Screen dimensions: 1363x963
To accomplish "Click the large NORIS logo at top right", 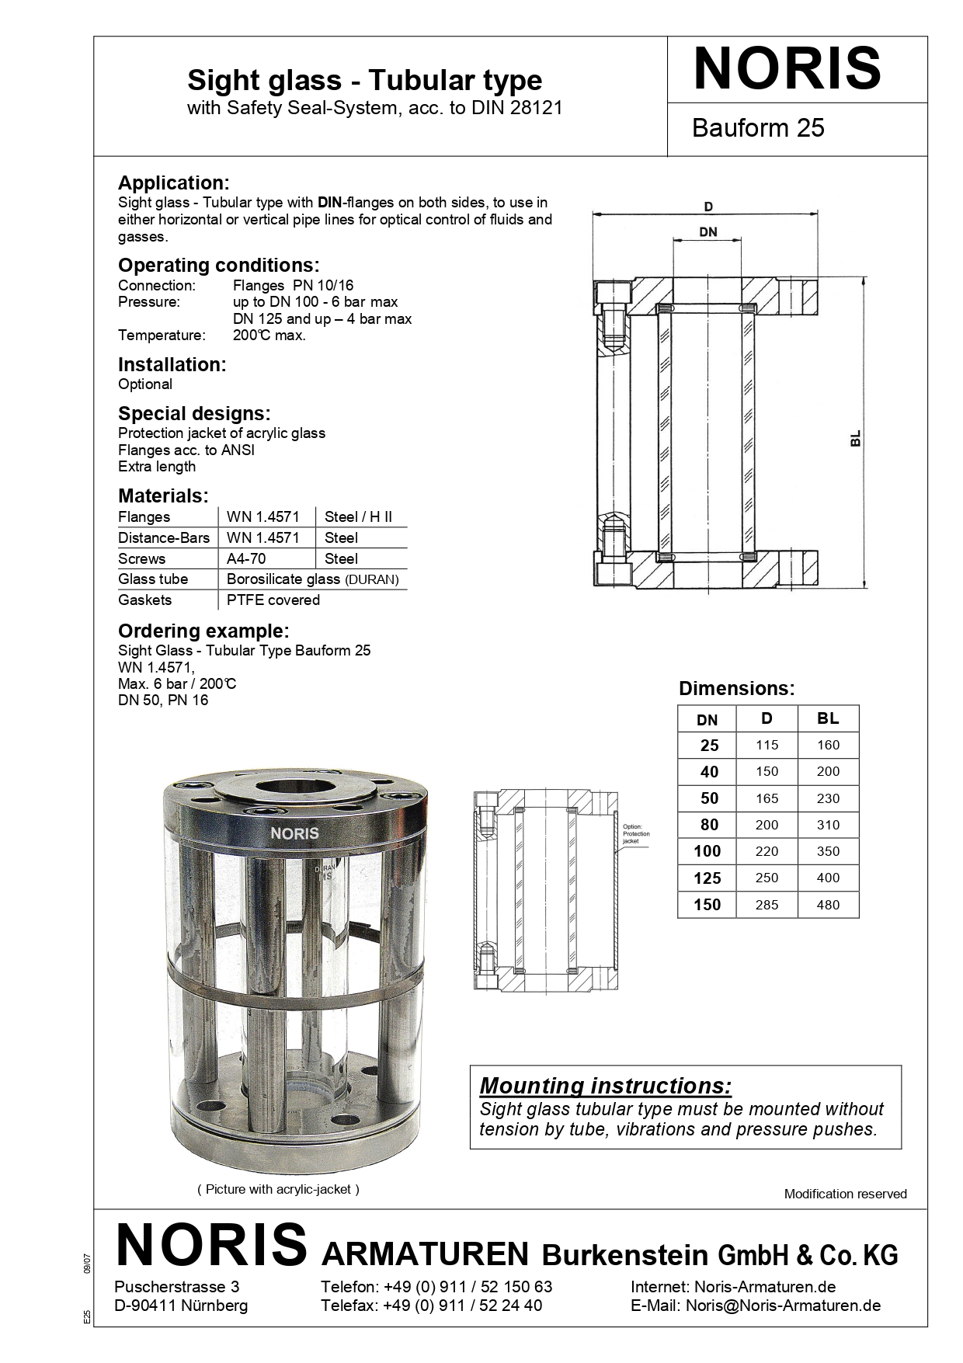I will click(787, 68).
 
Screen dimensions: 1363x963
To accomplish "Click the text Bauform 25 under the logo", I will click(757, 127).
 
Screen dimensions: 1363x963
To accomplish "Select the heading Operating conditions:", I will click(218, 265).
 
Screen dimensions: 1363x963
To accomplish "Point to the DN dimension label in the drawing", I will click(707, 231).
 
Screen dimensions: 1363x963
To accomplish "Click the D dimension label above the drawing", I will click(708, 206).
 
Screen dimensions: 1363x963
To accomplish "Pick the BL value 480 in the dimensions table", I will click(828, 904).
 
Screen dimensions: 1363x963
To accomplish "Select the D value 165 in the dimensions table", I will click(767, 798).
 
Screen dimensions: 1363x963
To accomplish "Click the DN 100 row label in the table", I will click(707, 851).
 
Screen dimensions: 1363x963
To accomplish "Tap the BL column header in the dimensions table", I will click(828, 718).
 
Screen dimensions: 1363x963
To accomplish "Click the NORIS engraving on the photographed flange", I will click(294, 833).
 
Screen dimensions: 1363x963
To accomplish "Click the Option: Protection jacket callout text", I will click(635, 833).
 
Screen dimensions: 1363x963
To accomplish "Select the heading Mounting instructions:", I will click(605, 1085).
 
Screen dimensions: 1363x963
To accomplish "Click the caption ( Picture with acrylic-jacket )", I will click(278, 1188).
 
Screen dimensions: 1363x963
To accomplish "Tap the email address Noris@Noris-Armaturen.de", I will click(783, 1305).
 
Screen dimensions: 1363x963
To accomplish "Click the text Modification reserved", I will click(845, 1194).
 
